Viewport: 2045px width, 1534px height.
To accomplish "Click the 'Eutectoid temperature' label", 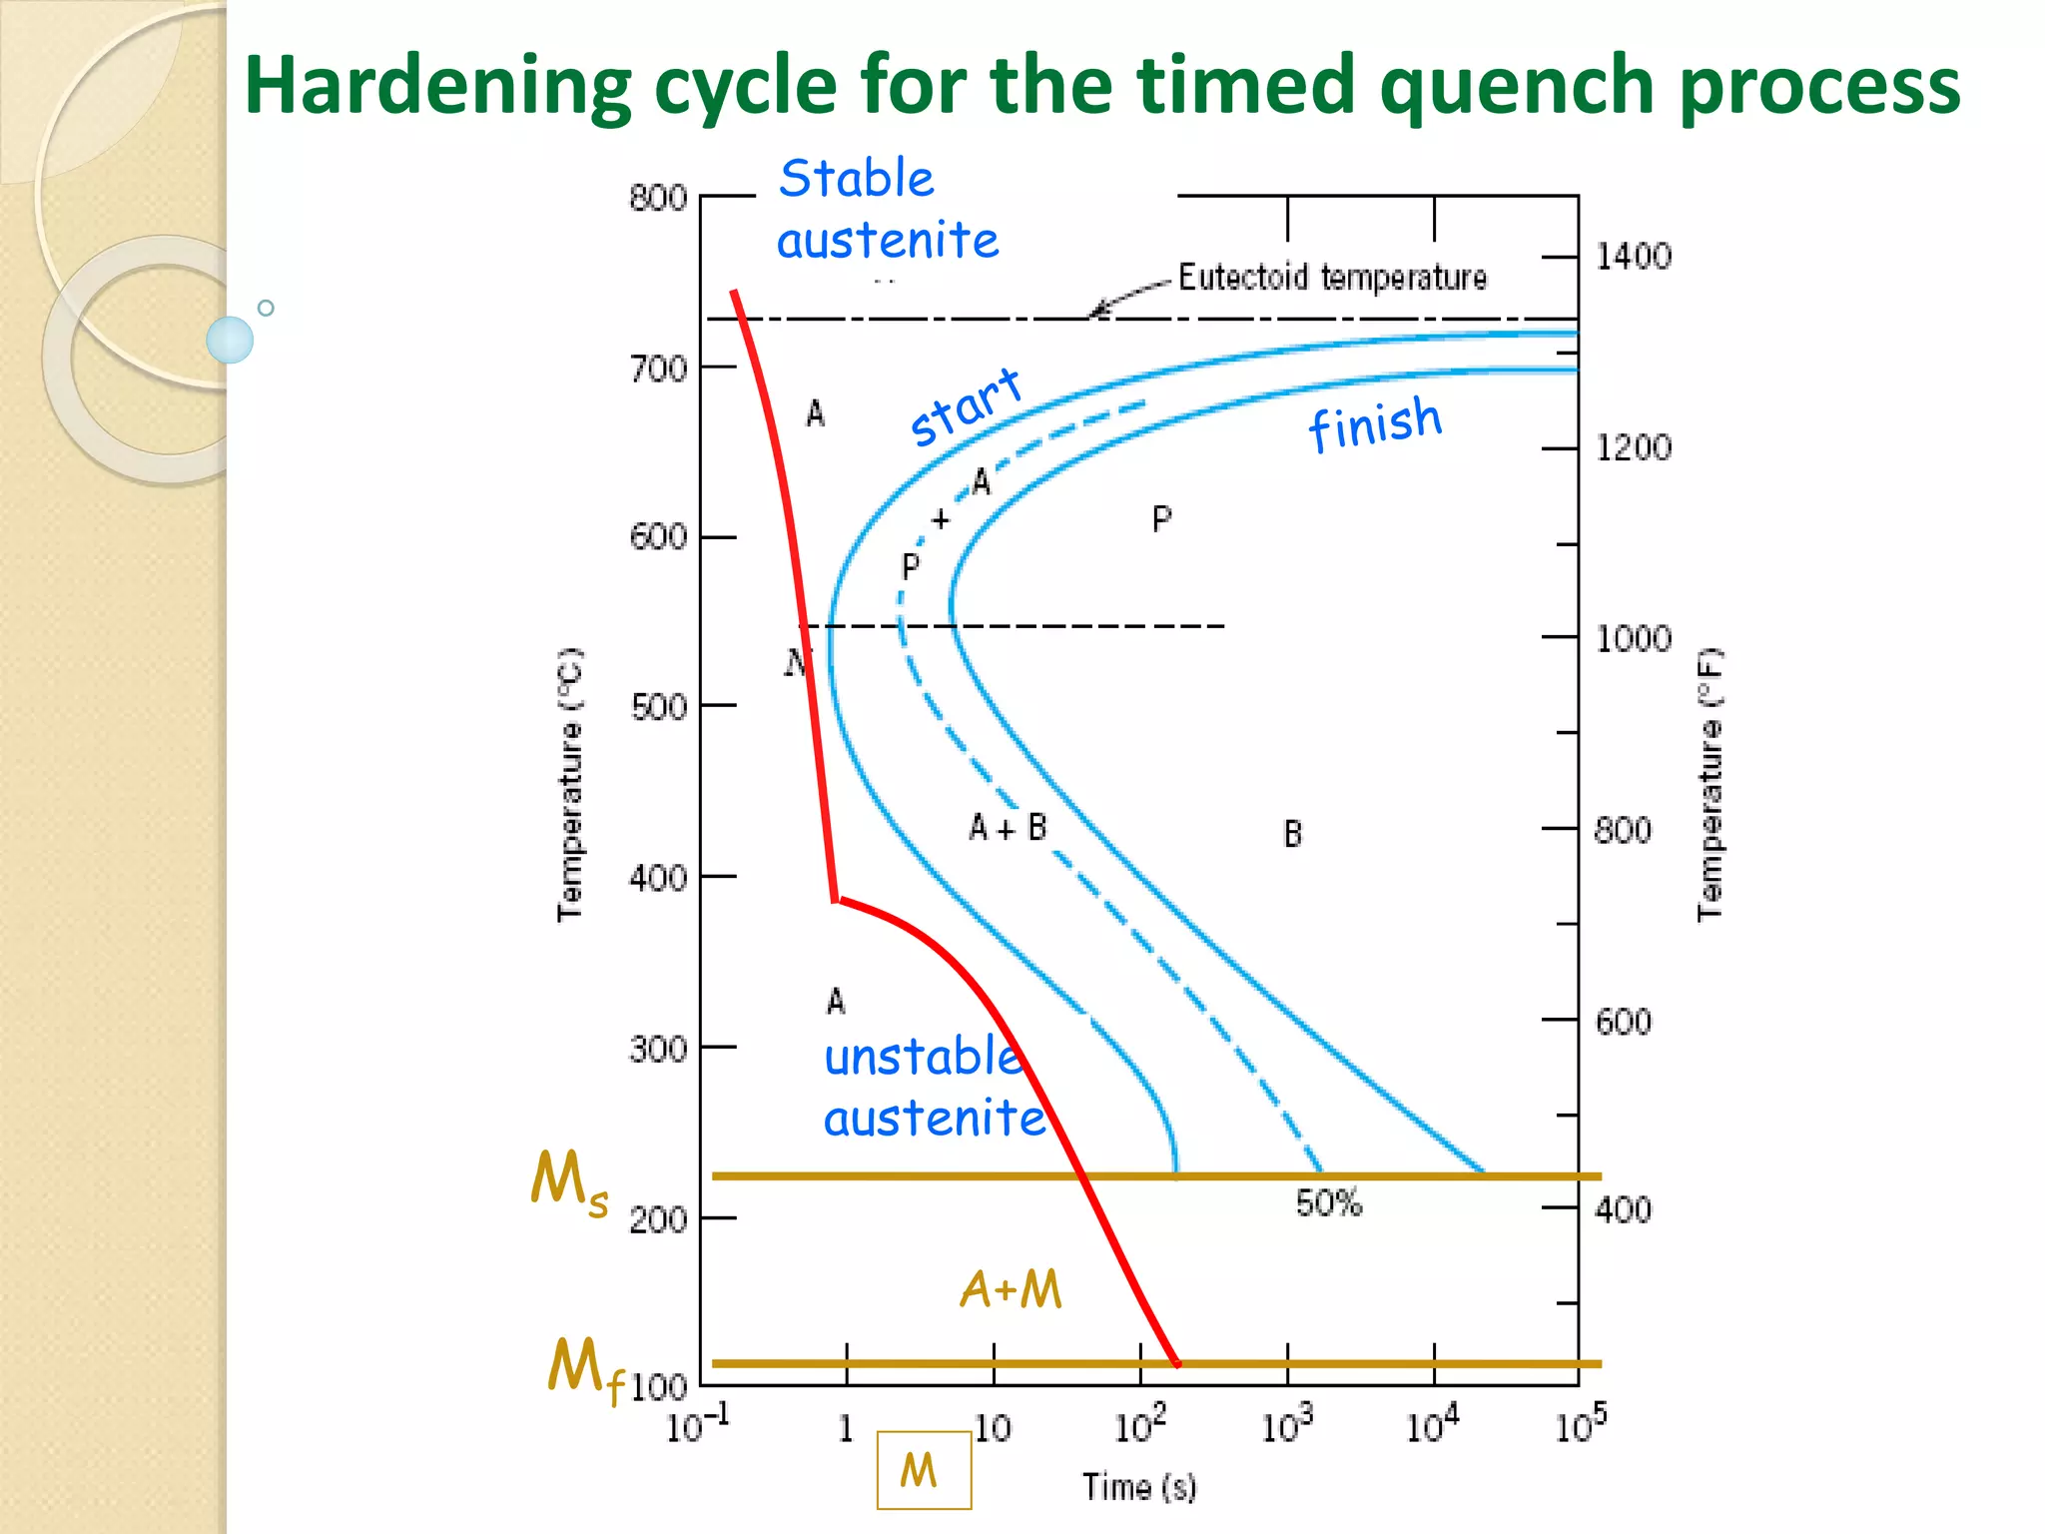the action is (x=1332, y=277).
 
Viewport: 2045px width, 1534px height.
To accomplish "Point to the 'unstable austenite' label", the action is (x=933, y=1088).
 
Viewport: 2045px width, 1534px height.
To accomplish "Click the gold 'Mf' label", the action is (x=584, y=1369).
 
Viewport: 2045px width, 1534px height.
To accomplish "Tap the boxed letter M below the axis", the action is (x=923, y=1470).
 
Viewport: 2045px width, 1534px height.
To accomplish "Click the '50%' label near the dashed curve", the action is (x=1328, y=1203).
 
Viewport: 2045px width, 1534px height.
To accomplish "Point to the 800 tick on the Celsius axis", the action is (x=658, y=198).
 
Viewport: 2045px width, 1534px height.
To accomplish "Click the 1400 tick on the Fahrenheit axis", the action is (x=1633, y=257).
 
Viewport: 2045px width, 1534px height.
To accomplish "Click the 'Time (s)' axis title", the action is (x=1139, y=1487).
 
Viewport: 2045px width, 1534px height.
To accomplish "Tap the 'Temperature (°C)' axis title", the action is (x=570, y=785).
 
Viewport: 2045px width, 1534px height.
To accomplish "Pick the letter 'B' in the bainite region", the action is (x=1292, y=834).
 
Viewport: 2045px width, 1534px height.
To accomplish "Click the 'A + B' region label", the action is (x=1008, y=828).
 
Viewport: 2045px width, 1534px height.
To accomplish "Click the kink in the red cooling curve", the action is (x=836, y=900).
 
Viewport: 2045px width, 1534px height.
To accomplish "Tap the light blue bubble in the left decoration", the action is (x=230, y=340).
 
